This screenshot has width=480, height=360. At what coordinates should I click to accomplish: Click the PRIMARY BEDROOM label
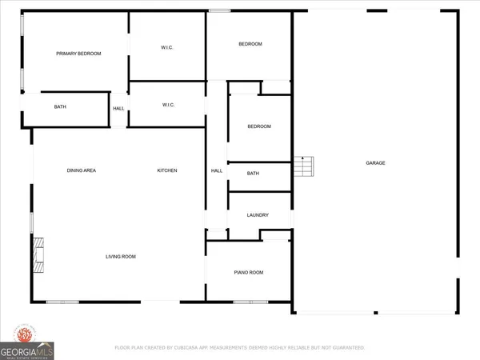pos(78,54)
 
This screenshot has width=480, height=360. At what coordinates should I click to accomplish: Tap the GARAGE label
pos(376,163)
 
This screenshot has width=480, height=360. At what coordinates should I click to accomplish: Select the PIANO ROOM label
pos(248,273)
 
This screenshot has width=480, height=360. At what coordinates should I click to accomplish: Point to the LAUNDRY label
pos(257,215)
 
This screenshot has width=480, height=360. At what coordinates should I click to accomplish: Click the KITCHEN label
pos(166,170)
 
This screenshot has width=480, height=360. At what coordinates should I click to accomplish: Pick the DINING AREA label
pos(82,170)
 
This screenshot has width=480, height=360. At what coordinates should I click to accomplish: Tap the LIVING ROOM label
pos(122,257)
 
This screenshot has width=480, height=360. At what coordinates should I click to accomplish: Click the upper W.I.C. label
pos(168,47)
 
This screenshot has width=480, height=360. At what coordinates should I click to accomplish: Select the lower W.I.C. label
pos(169,105)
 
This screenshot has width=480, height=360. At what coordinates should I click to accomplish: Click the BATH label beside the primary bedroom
pos(60,107)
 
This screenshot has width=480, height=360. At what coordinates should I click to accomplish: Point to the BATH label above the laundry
pos(253,174)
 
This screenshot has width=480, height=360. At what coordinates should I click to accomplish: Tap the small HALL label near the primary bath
pos(118,109)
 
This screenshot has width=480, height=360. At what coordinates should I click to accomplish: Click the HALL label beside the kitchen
pos(216,170)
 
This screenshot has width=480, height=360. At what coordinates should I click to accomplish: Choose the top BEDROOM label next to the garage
pos(250,44)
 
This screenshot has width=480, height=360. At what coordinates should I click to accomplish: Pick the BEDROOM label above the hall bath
pos(258,126)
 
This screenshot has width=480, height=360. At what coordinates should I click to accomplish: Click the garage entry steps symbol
pos(305,167)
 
